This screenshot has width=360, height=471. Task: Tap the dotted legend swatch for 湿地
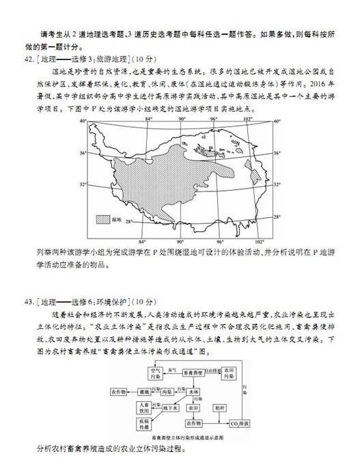point(103,219)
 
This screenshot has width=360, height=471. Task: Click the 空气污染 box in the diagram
point(152,373)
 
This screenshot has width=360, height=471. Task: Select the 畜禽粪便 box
point(195,373)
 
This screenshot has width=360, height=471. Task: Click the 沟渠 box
point(167,393)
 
